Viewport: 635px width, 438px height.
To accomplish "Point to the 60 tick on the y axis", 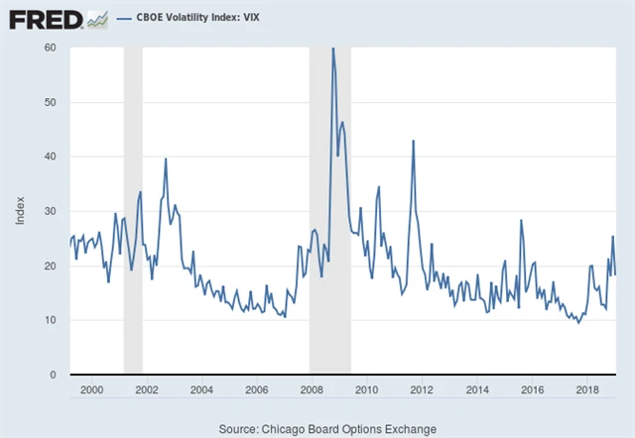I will [50, 48].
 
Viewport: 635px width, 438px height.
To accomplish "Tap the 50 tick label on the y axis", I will [50, 102].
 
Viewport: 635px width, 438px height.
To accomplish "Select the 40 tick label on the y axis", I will [50, 157].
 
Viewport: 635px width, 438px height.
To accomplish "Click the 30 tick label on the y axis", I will [50, 211].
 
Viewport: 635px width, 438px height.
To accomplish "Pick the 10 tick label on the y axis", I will [50, 320].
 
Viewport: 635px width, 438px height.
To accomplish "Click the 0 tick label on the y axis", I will [53, 375].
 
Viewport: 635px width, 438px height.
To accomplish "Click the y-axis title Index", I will [20, 209].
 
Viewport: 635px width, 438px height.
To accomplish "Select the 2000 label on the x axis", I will [91, 389].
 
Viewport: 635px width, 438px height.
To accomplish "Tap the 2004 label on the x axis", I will [201, 389].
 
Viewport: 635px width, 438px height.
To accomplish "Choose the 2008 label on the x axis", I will [312, 389].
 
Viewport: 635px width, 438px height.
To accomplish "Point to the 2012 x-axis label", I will [422, 389].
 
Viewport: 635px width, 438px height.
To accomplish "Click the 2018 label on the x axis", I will [586, 389].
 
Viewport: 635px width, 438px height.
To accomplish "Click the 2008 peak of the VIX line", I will [332, 49].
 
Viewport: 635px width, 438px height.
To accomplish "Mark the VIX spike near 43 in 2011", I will [413, 141].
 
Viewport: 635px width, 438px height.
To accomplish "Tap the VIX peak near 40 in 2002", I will [166, 159].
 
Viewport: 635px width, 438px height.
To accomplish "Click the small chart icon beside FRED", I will [97, 18].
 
